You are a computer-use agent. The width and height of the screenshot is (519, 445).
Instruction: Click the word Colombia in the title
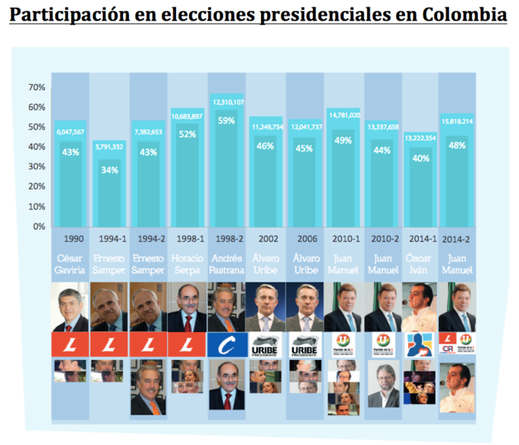point(462,15)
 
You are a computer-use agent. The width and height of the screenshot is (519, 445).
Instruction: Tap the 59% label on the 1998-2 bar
point(227,120)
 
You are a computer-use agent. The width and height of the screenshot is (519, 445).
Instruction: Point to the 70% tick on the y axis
point(37,87)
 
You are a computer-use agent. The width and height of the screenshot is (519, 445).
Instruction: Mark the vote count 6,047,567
point(71,132)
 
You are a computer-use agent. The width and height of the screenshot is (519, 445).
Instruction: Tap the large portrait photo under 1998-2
point(227,307)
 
